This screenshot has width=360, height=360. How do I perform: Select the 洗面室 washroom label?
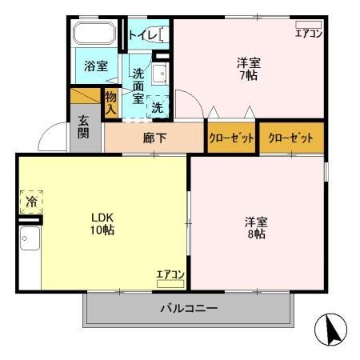tap(138, 86)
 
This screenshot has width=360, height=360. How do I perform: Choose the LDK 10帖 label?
tap(101, 223)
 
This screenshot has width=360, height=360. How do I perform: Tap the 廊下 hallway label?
tap(154, 138)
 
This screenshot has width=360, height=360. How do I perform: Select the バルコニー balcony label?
tap(188, 308)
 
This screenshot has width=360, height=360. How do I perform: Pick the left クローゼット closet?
tap(231, 138)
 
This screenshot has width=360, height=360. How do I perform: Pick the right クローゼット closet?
tap(290, 138)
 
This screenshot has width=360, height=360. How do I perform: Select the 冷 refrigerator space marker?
tap(31, 202)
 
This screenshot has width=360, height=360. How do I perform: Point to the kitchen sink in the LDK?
tap(30, 238)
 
